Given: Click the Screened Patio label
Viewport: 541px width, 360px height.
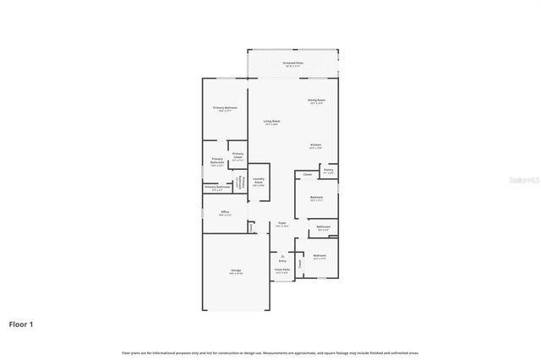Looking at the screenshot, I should (292, 64).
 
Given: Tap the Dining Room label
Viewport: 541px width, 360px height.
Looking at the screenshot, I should (316, 101).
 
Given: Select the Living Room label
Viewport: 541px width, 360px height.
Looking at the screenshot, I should (271, 123).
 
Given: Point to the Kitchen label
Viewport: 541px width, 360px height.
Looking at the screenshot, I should (315, 146).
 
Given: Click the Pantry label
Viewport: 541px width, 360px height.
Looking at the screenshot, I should (328, 170).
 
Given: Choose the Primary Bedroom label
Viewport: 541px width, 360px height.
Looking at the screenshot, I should (225, 109).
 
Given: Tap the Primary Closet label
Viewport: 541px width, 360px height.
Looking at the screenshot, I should (238, 155).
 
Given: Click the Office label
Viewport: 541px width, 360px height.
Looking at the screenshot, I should (225, 212).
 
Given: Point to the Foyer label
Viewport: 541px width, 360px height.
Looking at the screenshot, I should (282, 224).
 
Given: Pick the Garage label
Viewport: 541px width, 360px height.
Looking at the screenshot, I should (236, 270).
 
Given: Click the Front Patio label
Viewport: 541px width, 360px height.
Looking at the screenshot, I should (281, 270).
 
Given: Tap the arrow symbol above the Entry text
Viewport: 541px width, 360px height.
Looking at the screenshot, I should (282, 256).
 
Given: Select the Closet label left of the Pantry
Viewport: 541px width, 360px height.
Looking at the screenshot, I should (308, 175).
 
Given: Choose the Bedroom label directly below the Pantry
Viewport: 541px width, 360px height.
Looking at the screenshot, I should (315, 199).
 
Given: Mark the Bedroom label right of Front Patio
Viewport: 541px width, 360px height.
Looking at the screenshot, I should (319, 256).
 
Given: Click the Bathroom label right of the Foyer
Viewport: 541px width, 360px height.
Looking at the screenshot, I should (323, 227).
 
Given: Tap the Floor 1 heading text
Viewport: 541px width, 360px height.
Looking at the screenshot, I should (21, 324).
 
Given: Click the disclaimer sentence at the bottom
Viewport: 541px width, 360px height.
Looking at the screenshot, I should (270, 352).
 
